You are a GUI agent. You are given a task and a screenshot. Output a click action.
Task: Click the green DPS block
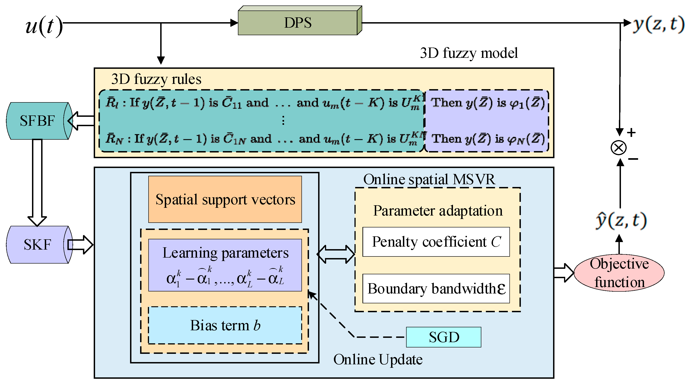298,23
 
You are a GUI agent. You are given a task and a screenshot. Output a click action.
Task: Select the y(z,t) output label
658,24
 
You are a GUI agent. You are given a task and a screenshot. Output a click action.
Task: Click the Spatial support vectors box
225,199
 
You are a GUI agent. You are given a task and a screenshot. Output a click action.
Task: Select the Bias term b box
225,325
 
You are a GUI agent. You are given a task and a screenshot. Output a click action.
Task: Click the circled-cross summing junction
618,147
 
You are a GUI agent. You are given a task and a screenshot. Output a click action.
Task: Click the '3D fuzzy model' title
469,53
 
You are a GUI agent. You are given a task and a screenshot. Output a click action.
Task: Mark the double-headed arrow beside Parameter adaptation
336,254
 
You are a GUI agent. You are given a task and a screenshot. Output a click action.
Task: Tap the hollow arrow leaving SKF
80,245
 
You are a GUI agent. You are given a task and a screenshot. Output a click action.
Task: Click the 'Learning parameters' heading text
225,253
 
